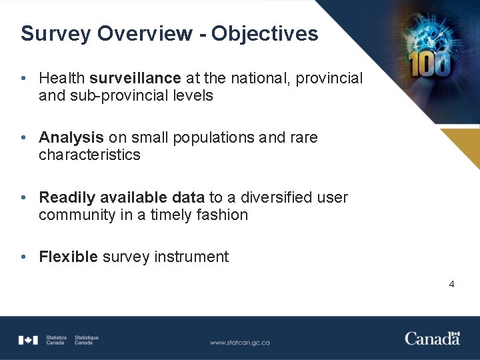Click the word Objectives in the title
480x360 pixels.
[265, 34]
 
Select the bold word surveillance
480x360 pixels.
[135, 78]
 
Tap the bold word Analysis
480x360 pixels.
[71, 137]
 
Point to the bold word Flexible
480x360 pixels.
[69, 257]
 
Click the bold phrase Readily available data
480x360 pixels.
[122, 197]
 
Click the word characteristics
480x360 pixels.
[89, 155]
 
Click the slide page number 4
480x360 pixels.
[451, 284]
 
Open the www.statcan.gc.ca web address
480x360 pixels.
[240, 343]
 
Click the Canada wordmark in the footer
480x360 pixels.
[432, 338]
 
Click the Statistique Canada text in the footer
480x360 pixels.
[87, 340]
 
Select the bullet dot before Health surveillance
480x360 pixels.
[23, 78]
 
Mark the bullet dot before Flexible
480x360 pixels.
[23, 257]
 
